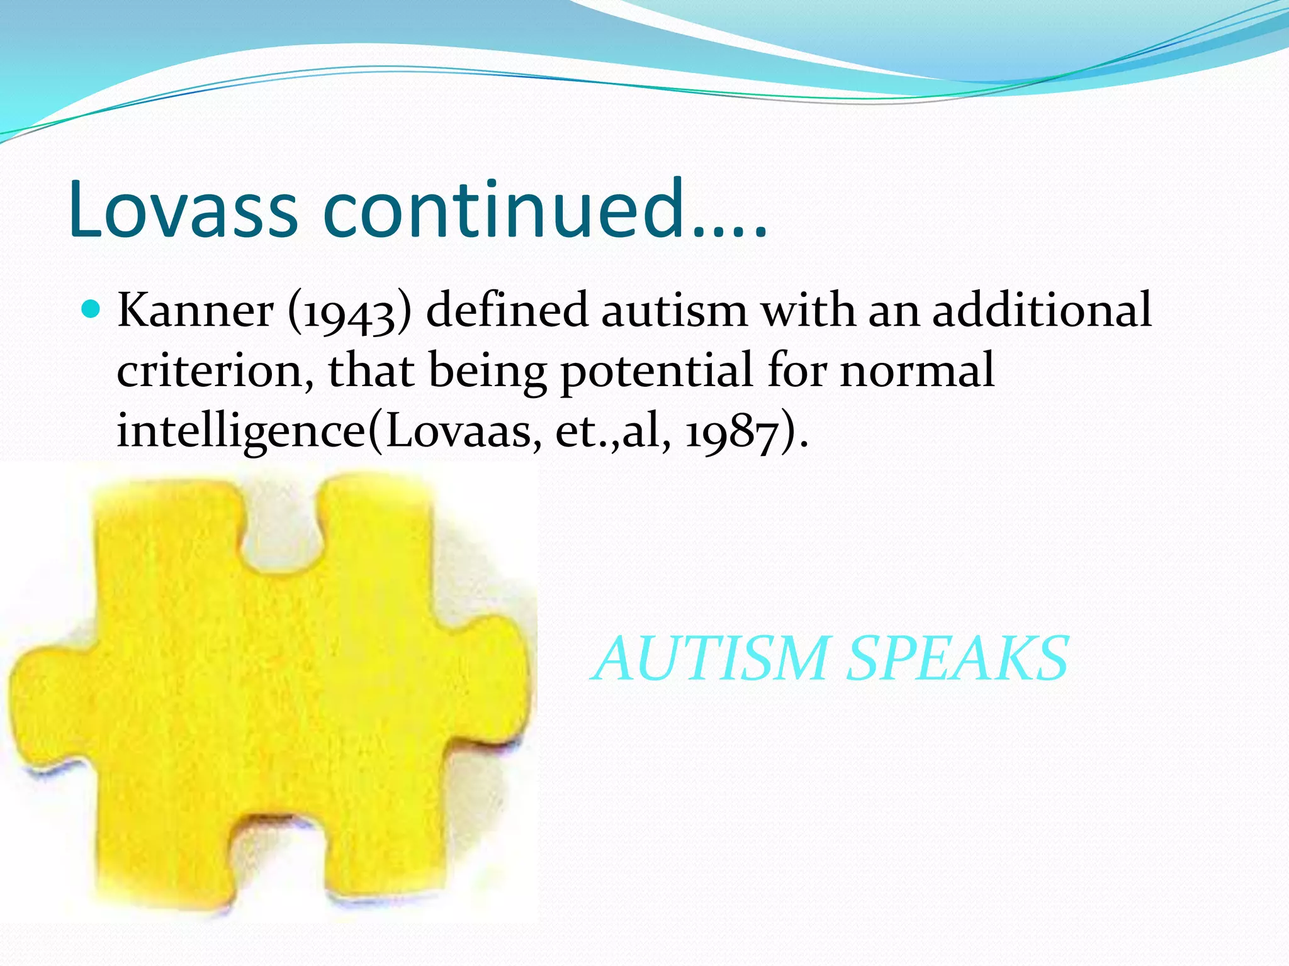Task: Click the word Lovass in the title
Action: (183, 209)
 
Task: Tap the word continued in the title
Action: (504, 209)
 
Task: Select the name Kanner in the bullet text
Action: (196, 311)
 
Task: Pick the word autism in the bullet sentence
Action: (674, 311)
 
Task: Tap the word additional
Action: (1042, 311)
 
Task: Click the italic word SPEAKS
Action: (957, 658)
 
